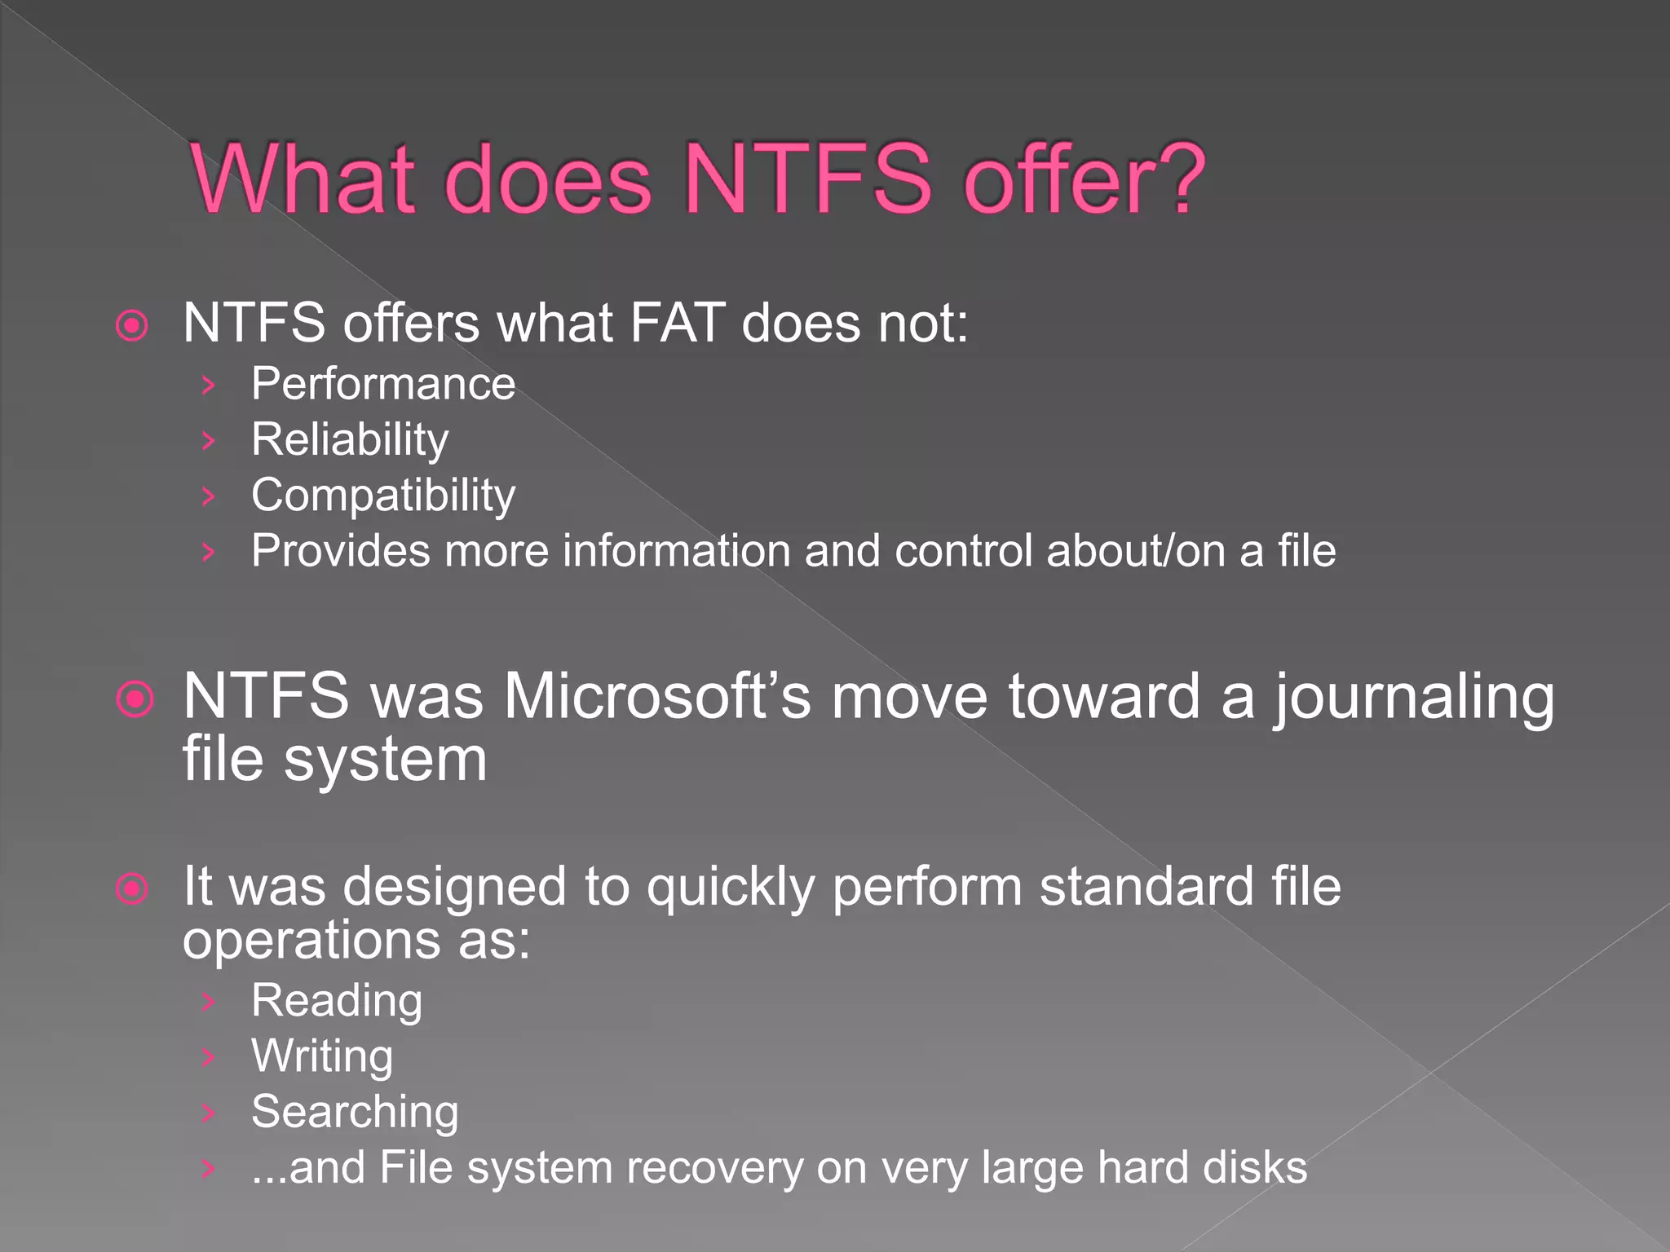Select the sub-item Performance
(383, 384)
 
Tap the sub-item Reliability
(350, 440)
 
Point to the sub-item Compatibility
(383, 496)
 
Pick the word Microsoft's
(656, 697)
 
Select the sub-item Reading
(337, 1001)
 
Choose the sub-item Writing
(322, 1057)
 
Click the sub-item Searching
(355, 1112)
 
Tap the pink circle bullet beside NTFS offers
(132, 326)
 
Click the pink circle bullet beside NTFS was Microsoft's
(135, 699)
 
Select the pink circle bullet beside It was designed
(132, 888)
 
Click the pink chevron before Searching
(209, 1113)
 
